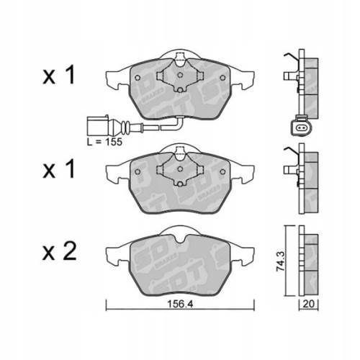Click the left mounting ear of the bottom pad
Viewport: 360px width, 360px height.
[114, 253]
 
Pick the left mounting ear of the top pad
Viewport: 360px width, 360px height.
[114, 76]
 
